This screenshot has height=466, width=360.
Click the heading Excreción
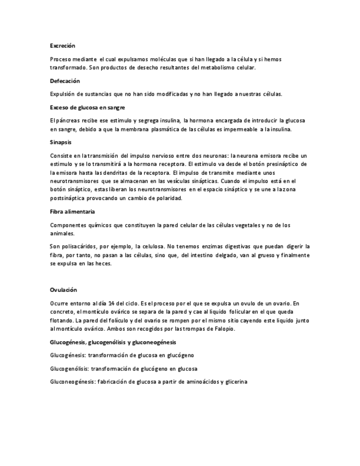click(x=62, y=46)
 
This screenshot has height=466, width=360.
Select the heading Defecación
click(x=65, y=81)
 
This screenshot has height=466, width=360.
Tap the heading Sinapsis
click(x=60, y=142)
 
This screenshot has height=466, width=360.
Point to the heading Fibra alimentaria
click(x=72, y=211)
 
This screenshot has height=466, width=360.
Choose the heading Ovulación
click(x=63, y=289)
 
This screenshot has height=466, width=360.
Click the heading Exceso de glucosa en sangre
click(x=87, y=107)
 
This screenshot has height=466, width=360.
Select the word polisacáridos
click(x=83, y=246)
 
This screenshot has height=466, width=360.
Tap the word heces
click(x=102, y=264)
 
